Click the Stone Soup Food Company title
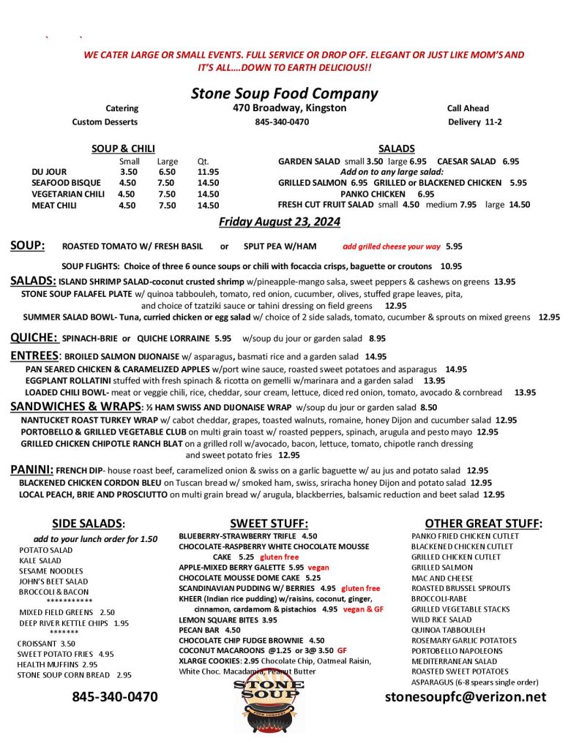point(284,94)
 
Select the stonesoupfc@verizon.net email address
point(466,696)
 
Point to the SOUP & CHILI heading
point(123,148)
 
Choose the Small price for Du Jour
point(128,172)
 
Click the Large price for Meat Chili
point(167,206)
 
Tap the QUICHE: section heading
point(34,338)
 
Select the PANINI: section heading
point(31,470)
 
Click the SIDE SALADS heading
point(89,524)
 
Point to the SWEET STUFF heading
point(269,524)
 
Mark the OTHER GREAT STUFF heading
point(483,524)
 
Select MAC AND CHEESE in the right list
point(442,578)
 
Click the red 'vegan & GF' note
point(362,609)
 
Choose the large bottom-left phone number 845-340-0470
point(115,696)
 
